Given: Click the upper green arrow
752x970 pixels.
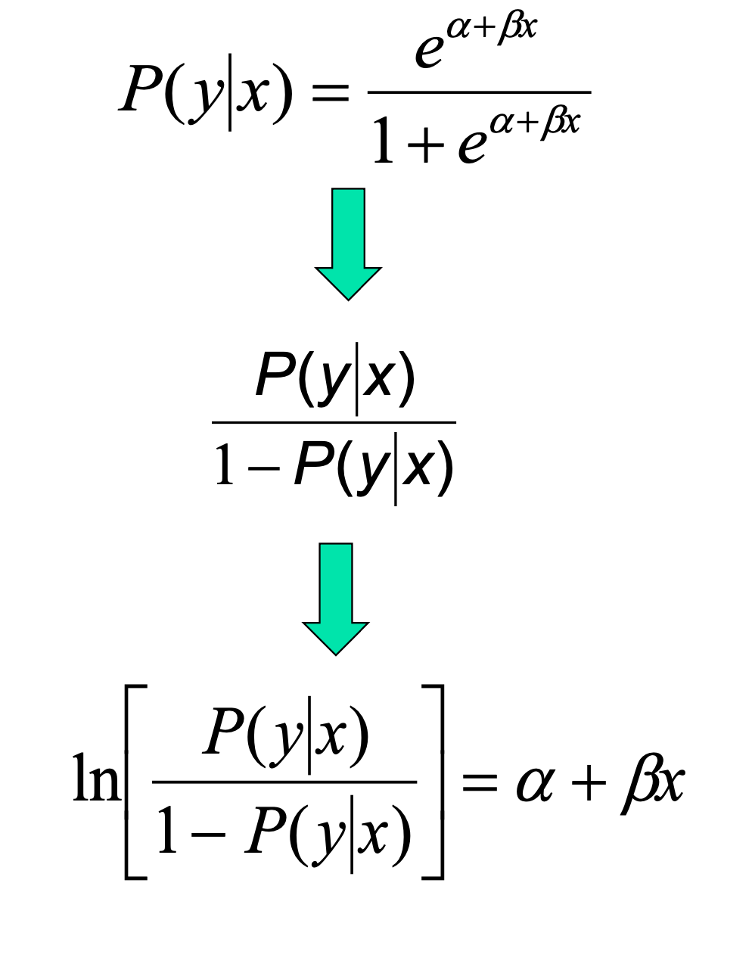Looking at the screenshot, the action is point(348,242).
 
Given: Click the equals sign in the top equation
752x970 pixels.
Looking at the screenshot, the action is point(331,94).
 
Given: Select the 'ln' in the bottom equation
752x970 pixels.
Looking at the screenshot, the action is point(95,779).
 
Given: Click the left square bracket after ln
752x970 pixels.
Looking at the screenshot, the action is point(134,781).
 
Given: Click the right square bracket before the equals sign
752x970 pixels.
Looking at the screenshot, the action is point(434,781).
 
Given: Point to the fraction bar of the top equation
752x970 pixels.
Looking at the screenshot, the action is point(478,92).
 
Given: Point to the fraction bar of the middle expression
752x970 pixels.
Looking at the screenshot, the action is point(334,422).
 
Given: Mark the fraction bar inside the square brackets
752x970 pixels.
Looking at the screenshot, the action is point(284,781).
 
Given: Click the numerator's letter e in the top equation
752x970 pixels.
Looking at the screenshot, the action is point(429,51).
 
